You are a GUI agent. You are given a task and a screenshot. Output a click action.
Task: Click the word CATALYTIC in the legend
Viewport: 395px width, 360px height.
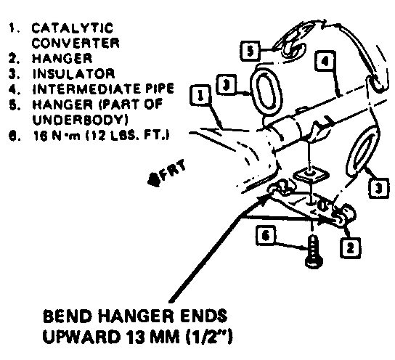pyautogui.click(x=73, y=28)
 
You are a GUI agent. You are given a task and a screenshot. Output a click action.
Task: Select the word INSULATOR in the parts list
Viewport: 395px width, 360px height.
pyautogui.click(x=73, y=74)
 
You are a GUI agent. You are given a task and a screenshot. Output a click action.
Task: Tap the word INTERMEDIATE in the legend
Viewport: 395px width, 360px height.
pyautogui.click(x=86, y=89)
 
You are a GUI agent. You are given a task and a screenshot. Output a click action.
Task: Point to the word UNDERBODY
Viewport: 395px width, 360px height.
pyautogui.click(x=80, y=120)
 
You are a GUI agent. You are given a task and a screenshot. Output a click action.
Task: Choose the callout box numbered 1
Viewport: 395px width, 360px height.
pyautogui.click(x=200, y=96)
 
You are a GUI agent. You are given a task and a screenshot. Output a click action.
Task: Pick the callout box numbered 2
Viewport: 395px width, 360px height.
pyautogui.click(x=350, y=248)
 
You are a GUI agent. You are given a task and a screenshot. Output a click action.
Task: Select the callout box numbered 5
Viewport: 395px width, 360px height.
pyautogui.click(x=251, y=51)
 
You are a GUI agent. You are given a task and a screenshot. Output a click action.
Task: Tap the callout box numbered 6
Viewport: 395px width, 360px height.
pyautogui.click(x=266, y=236)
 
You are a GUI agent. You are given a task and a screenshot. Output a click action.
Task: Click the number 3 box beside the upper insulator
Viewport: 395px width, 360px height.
pyautogui.click(x=227, y=85)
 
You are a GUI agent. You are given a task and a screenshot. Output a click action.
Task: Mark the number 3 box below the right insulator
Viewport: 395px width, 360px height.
pyautogui.click(x=378, y=188)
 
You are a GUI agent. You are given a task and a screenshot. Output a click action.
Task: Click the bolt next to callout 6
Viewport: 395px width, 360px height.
pyautogui.click(x=313, y=251)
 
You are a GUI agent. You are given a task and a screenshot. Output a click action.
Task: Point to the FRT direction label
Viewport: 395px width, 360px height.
pyautogui.click(x=167, y=173)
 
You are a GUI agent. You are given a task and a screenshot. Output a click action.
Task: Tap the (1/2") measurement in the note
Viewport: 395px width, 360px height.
pyautogui.click(x=209, y=337)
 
